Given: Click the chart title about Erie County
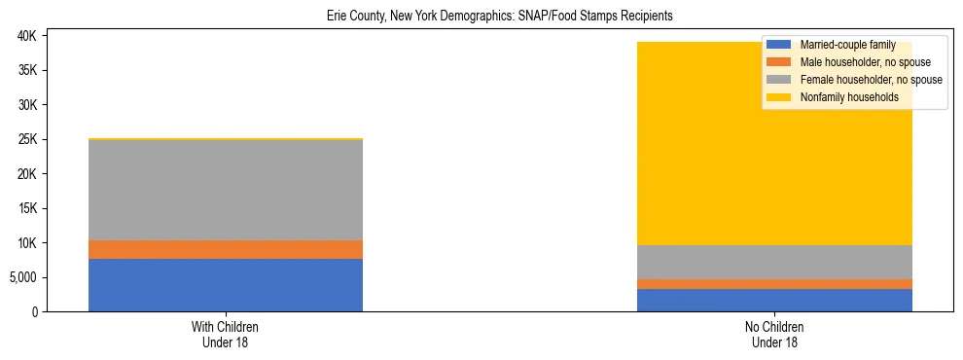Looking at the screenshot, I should click(499, 17).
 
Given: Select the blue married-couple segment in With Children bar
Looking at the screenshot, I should click(226, 284).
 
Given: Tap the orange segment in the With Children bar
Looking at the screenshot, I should click(226, 249).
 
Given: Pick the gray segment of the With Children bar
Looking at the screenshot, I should click(226, 190).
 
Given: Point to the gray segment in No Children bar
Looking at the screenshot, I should click(774, 262).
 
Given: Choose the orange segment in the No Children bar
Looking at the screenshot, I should click(774, 284).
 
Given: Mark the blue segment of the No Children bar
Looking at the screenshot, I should click(774, 300).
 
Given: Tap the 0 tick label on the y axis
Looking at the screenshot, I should click(35, 311).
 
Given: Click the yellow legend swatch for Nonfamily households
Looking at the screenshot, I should click(779, 97).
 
